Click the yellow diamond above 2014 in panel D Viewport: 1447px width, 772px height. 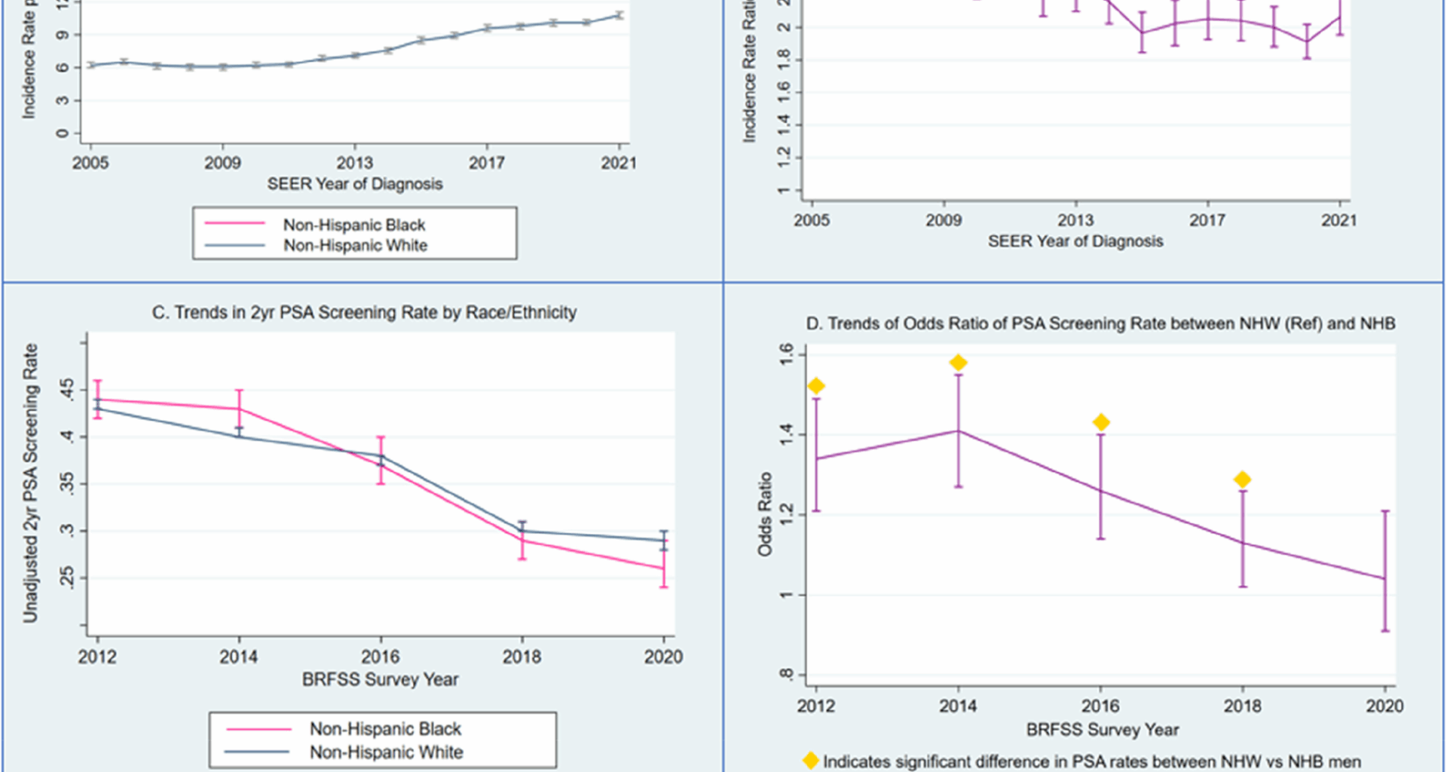point(958,363)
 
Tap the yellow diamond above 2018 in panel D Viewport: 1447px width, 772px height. point(1242,479)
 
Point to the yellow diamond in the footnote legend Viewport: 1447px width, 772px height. point(811,761)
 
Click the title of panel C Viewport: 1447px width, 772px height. point(364,312)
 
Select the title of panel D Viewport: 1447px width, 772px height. point(1100,323)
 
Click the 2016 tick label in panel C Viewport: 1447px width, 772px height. point(380,657)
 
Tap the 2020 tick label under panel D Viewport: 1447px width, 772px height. point(1384,706)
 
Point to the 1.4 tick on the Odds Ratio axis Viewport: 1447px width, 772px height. point(787,434)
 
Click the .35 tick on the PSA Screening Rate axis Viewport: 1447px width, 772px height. point(68,484)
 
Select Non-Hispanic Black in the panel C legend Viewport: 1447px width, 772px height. point(385,729)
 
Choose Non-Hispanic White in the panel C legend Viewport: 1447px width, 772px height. point(386,752)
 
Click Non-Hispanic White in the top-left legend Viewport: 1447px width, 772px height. point(355,245)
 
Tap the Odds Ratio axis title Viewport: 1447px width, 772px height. point(765,514)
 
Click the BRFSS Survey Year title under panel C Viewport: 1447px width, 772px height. point(380,679)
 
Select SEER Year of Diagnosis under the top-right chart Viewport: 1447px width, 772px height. point(1075,241)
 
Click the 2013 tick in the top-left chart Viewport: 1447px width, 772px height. point(354,163)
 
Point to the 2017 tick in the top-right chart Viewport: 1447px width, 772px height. point(1207,220)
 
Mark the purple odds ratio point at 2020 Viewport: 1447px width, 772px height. point(1384,578)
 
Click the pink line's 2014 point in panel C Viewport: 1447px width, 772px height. point(239,409)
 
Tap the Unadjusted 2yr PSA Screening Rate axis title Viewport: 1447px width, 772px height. point(30,482)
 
